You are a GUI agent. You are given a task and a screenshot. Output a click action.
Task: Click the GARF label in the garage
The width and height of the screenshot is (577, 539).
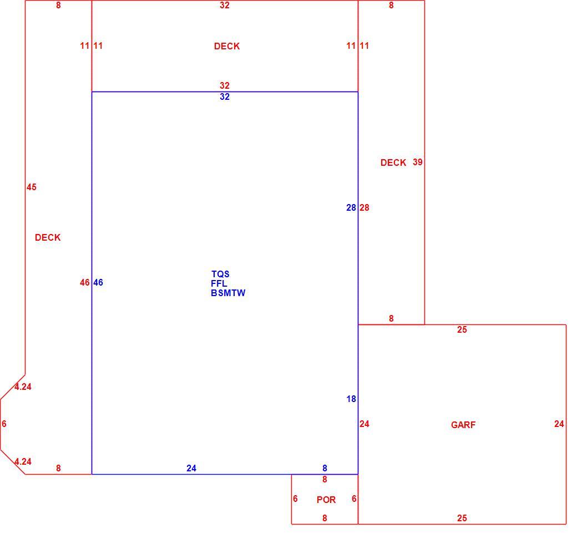tap(463, 425)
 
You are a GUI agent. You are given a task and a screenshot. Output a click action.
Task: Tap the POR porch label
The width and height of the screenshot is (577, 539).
tap(326, 500)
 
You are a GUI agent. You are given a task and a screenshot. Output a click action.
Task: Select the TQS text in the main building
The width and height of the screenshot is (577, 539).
tap(220, 274)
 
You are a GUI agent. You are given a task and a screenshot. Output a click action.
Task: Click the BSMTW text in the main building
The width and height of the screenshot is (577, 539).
tap(228, 293)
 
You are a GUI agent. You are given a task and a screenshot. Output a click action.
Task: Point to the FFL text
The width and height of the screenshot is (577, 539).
tap(219, 283)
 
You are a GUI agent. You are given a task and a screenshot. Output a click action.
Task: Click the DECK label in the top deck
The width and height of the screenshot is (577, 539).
tap(227, 46)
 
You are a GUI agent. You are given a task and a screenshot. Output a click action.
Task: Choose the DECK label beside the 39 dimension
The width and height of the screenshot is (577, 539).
tap(393, 162)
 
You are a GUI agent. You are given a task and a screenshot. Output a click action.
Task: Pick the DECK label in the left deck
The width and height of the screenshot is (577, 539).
tap(48, 237)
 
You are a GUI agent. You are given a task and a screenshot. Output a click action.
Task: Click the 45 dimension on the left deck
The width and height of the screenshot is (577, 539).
tap(31, 187)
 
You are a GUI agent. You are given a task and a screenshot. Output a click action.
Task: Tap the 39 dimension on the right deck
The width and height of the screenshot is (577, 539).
tap(417, 162)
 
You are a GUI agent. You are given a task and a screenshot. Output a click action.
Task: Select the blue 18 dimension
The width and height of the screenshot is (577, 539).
tap(351, 399)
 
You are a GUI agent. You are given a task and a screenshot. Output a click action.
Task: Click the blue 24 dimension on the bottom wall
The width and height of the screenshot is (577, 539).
tap(191, 468)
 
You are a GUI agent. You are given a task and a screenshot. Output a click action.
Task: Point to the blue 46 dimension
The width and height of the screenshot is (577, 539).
tap(98, 282)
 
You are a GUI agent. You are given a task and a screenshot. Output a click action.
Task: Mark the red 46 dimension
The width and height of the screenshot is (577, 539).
tap(85, 282)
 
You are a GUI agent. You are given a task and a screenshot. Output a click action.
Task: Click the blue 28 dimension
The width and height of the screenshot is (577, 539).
tap(351, 207)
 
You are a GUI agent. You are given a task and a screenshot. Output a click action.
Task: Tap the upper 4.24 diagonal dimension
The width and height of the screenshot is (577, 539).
tap(23, 387)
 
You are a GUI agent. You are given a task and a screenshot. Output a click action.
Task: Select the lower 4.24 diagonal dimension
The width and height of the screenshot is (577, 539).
tap(23, 461)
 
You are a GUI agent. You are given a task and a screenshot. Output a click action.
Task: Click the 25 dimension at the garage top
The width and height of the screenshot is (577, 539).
tap(462, 329)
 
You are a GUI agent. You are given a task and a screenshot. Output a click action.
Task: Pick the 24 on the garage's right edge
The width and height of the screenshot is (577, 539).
tap(559, 424)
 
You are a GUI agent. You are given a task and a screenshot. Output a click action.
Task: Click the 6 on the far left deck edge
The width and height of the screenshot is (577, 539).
tap(4, 424)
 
